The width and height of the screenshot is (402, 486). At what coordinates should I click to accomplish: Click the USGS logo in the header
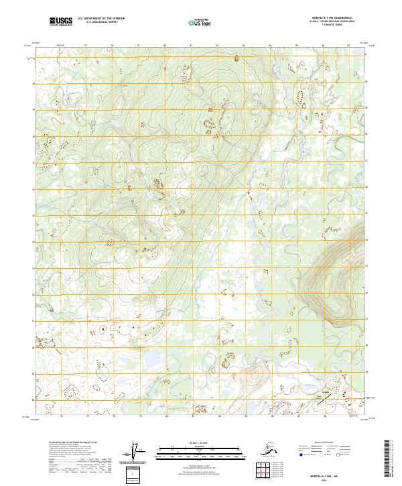[60, 22]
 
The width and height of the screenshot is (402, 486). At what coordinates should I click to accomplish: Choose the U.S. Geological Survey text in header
[100, 23]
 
